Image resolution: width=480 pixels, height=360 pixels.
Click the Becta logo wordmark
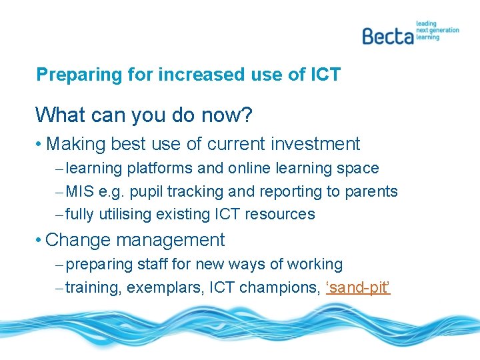(x=388, y=35)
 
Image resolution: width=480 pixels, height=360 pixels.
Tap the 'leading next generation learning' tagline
(x=437, y=31)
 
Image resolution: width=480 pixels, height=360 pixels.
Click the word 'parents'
(x=371, y=192)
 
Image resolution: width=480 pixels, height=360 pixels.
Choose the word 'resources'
(x=280, y=215)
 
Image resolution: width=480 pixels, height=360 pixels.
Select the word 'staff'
(x=153, y=265)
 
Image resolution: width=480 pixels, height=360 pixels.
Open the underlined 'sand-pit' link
(x=357, y=288)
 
